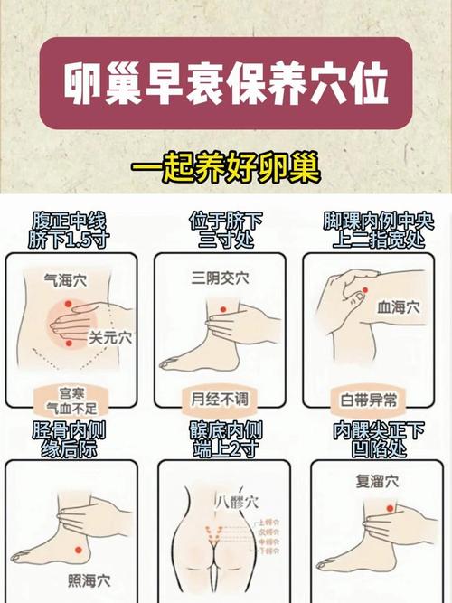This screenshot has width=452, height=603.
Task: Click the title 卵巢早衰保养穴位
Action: coord(226,85)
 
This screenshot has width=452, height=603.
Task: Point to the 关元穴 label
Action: coord(109,337)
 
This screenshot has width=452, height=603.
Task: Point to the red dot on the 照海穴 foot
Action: coord(78,550)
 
